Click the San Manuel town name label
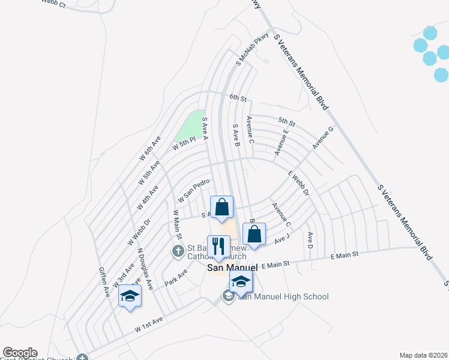coord(232,268)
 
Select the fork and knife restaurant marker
coord(217,247)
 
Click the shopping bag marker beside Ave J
coord(254,235)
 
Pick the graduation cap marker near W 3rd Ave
coord(129,296)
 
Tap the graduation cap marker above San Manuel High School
coord(241,282)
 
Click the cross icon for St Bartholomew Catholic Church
coord(178,251)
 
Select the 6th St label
coord(238,97)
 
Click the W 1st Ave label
coord(149,328)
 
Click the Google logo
coord(20,353)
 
